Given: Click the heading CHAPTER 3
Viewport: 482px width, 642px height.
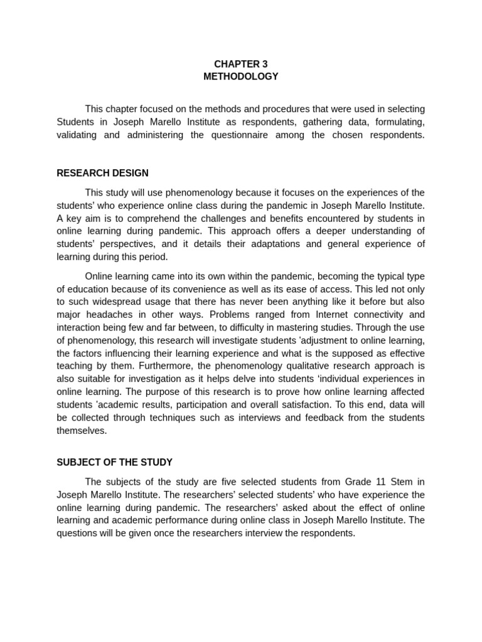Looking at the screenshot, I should pos(241,64).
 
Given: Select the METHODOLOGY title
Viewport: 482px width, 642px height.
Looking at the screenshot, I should pos(241,76).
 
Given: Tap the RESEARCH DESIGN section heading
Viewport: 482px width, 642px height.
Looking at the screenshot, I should pos(102,173).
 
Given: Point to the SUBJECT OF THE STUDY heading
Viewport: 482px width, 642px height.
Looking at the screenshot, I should pos(114,462).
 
